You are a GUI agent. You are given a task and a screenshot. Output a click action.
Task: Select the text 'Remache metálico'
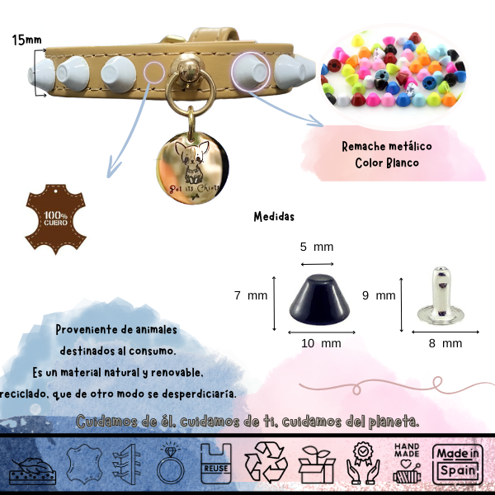click(x=387, y=146)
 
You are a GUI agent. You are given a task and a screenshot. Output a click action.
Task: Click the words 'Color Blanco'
click(x=387, y=163)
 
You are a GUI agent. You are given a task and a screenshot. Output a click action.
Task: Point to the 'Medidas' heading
click(x=274, y=217)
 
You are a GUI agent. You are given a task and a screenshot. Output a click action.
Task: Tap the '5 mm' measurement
click(x=316, y=247)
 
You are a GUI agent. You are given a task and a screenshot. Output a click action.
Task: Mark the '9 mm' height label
click(x=379, y=295)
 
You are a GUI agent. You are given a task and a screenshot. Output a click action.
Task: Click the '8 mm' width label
click(x=446, y=342)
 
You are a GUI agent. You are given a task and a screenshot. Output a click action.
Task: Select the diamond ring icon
click(x=169, y=464)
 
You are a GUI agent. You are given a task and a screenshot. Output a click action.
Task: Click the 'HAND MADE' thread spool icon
click(x=410, y=464)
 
